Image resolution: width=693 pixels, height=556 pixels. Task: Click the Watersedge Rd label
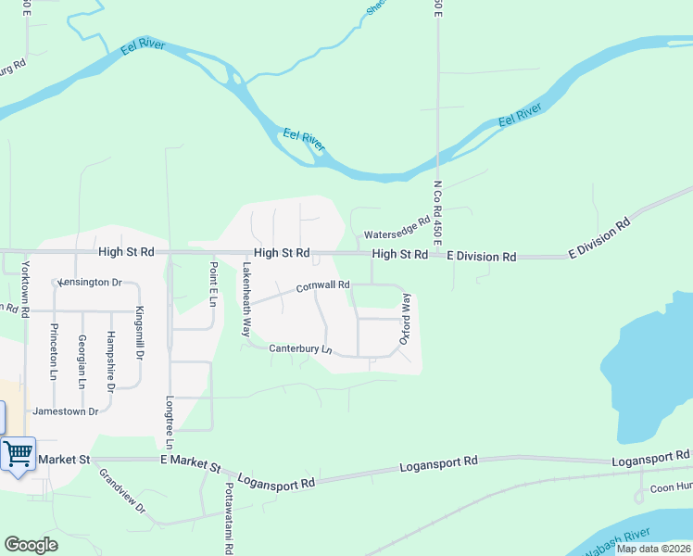click(397, 228)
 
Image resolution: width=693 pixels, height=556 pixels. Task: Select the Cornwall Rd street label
click(322, 286)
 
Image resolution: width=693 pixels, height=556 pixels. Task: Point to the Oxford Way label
click(406, 320)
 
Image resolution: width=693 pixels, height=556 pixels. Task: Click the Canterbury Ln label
click(300, 349)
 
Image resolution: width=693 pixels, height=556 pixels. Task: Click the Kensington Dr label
click(90, 282)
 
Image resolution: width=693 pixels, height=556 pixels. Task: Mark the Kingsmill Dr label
click(140, 332)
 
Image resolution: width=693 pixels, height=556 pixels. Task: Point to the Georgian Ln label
click(82, 362)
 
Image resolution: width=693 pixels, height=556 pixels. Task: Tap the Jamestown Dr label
click(65, 411)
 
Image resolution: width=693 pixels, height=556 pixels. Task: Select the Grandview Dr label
click(123, 491)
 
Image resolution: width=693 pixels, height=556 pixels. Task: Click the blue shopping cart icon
click(18, 454)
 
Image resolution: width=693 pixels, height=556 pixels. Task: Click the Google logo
click(31, 545)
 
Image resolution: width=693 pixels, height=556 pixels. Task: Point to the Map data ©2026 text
click(652, 549)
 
